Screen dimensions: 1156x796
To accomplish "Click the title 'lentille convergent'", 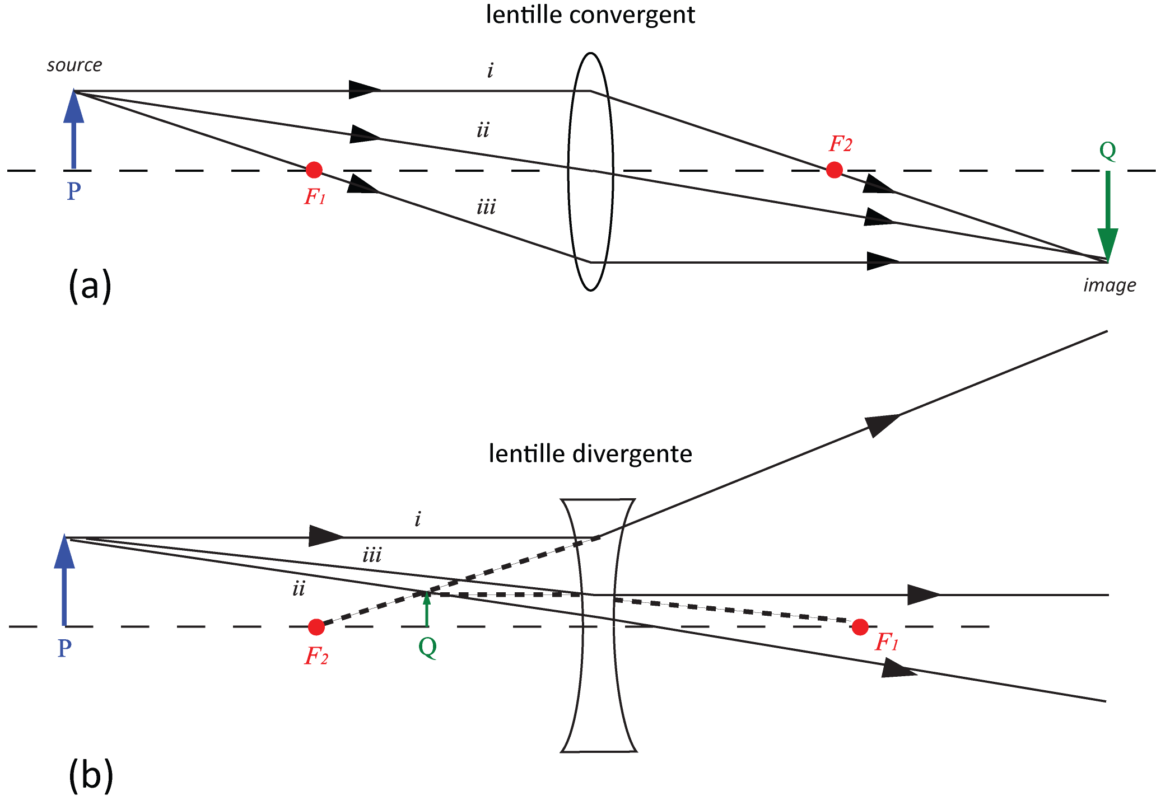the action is [x=590, y=15].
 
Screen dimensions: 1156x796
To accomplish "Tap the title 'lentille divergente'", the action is [x=590, y=454].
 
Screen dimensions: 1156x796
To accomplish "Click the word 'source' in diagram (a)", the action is [x=74, y=65].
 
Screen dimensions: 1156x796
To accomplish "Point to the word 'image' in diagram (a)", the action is [x=1110, y=286].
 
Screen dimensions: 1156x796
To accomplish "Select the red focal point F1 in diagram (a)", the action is [x=314, y=170].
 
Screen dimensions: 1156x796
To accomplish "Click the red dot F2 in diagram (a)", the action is [x=835, y=170].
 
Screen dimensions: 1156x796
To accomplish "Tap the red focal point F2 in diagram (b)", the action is [x=316, y=627].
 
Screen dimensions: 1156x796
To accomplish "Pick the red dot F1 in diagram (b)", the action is [x=860, y=627].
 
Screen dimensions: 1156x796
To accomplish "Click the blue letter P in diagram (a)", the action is [x=74, y=191].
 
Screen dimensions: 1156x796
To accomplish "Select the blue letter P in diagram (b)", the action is [x=64, y=649].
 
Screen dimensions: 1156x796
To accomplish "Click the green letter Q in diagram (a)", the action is [x=1108, y=151].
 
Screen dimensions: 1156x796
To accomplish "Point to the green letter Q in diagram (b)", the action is [x=427, y=648].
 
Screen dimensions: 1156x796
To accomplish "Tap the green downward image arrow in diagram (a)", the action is [x=1108, y=216].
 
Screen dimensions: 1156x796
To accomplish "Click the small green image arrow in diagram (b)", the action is [x=427, y=609].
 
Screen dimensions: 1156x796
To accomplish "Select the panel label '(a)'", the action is [x=90, y=285].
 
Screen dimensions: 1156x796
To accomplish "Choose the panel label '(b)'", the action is [x=91, y=775].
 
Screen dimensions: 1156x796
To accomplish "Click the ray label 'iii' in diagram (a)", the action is [x=486, y=208].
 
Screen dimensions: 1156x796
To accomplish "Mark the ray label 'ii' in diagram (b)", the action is [x=299, y=589].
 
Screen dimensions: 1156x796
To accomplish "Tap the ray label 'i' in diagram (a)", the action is [x=491, y=71].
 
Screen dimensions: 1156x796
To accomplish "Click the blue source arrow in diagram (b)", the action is [x=64, y=581].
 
